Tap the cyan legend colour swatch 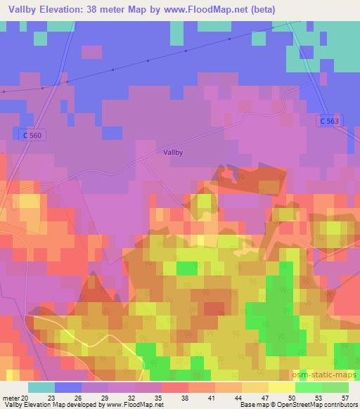coord(41,387)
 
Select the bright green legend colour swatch coord(309,387)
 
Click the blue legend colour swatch coord(67,387)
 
